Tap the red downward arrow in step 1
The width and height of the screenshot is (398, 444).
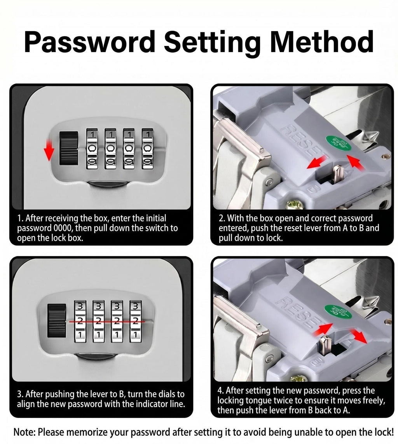49,150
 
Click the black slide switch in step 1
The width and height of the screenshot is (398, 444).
68,148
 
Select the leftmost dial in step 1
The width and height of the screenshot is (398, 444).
92,149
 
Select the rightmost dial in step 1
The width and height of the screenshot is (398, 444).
147,149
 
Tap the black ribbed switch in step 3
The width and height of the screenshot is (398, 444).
57,320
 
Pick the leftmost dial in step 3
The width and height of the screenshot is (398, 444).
80,321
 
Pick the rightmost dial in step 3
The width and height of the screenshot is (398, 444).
135,321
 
